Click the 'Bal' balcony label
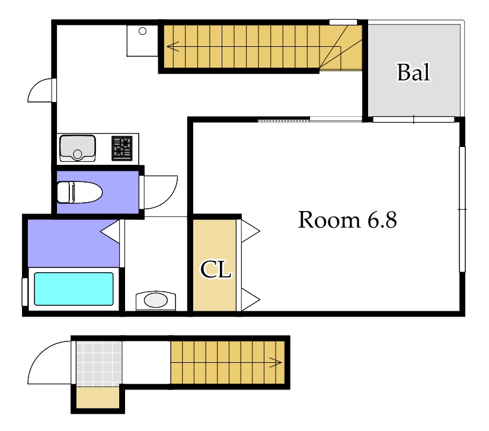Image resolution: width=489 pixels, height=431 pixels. click(x=414, y=72)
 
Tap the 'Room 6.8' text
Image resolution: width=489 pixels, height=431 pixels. click(x=347, y=220)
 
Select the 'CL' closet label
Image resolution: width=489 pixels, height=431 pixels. click(x=216, y=270)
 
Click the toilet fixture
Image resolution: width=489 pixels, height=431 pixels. click(x=80, y=193)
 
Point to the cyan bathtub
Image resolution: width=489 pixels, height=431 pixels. click(x=73, y=289)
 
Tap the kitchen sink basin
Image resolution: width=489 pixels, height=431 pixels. click(x=77, y=148)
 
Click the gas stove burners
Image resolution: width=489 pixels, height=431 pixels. click(x=122, y=148)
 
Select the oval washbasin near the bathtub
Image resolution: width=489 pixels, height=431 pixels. click(x=156, y=301)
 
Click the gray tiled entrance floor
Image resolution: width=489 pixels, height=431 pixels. click(x=99, y=363)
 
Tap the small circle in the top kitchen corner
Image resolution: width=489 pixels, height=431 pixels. click(x=142, y=31)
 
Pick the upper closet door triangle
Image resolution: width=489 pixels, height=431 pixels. click(x=250, y=231)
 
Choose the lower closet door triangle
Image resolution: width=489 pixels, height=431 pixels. click(x=250, y=299)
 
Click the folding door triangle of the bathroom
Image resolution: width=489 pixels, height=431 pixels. click(x=110, y=232)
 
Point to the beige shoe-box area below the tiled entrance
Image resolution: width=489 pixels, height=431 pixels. click(x=98, y=397)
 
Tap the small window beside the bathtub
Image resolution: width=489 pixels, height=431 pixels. click(x=24, y=292)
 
